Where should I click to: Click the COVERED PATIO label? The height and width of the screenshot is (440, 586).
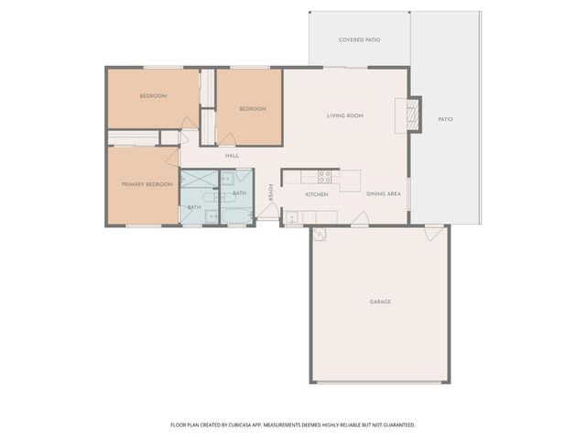tap(359, 40)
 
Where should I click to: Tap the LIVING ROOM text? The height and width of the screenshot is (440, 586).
tap(346, 115)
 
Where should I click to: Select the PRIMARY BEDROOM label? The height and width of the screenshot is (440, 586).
tap(147, 184)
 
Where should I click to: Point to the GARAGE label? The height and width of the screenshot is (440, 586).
tap(380, 302)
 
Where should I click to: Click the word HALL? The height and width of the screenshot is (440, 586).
tap(232, 155)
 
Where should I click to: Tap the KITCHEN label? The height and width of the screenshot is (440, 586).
tap(317, 194)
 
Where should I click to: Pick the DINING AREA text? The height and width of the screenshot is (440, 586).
tap(383, 194)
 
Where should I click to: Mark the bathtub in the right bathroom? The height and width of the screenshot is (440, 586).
tap(238, 216)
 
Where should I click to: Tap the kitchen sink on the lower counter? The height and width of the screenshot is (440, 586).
tap(293, 217)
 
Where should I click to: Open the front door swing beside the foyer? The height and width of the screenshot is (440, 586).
tap(267, 214)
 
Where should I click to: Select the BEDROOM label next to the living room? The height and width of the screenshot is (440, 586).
tap(252, 109)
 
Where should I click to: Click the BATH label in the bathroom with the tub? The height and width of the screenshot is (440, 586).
tap(239, 193)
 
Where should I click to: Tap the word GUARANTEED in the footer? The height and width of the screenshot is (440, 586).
tap(396, 424)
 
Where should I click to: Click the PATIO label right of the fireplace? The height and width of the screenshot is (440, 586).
tap(445, 119)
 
